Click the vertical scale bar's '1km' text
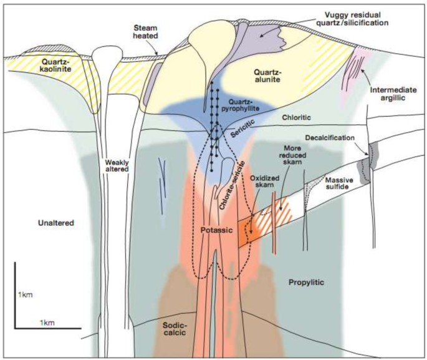[26, 294]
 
